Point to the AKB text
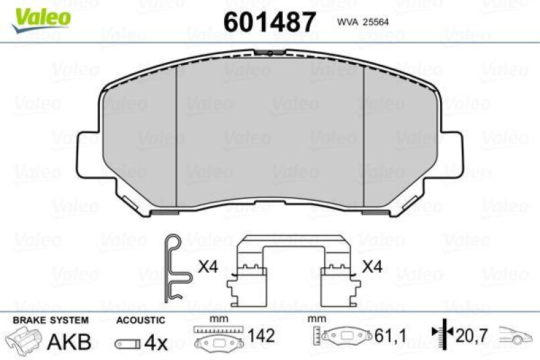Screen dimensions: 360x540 coord(69,342)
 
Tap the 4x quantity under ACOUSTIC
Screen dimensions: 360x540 coord(156,342)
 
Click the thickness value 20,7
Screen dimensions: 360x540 coord(470,334)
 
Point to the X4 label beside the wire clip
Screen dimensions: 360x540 coord(208,267)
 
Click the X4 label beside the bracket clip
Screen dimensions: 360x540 coord(372,267)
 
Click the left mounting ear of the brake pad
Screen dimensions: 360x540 coord(86,149)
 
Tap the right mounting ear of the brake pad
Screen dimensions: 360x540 coord(454,149)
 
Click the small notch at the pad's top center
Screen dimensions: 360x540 coord(270,52)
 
